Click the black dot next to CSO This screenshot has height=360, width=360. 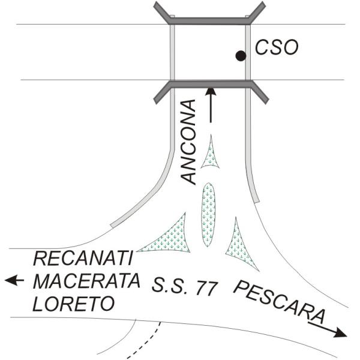[x=241, y=56]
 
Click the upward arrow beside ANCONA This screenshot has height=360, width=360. [x=210, y=104]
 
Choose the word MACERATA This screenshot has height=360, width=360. [x=86, y=281]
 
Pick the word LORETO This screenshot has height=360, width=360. [x=73, y=304]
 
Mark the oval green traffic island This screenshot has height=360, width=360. [x=208, y=214]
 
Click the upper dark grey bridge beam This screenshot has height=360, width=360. [x=209, y=20]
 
